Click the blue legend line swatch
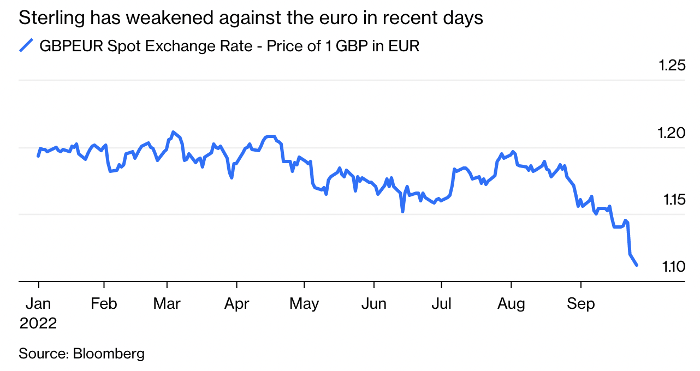coord(26,46)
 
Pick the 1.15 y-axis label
coord(672,200)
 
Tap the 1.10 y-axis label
coord(672,267)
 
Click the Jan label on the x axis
coord(38,304)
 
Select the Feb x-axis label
coord(104,304)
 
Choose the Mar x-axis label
coord(167,304)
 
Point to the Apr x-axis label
coord(236,304)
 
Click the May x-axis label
coord(304,304)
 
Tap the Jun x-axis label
coord(374,304)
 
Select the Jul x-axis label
coord(441,304)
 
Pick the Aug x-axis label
coord(511,304)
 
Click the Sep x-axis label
coord(580,304)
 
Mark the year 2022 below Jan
coord(38,324)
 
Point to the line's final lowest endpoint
coord(637,265)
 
